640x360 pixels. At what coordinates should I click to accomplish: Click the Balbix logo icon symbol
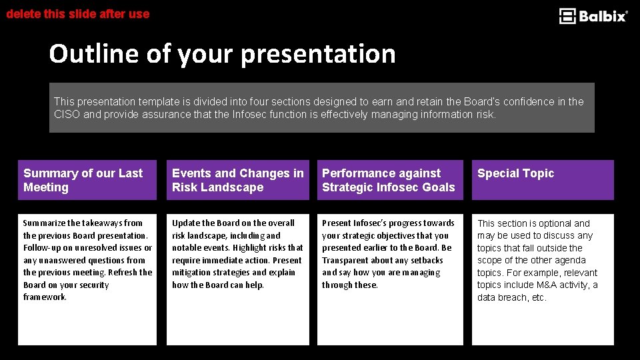point(567,16)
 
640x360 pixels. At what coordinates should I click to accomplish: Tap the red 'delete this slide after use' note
point(78,13)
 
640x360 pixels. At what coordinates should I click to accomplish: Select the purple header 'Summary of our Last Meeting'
point(87,180)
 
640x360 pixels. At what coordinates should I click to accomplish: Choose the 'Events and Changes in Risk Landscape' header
point(237,180)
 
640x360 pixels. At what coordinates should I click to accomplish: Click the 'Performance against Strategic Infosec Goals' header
point(389,180)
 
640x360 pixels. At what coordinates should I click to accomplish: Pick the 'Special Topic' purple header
point(515,173)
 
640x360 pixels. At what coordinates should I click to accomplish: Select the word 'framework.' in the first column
point(45,297)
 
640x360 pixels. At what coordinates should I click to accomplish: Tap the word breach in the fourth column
point(511,297)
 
